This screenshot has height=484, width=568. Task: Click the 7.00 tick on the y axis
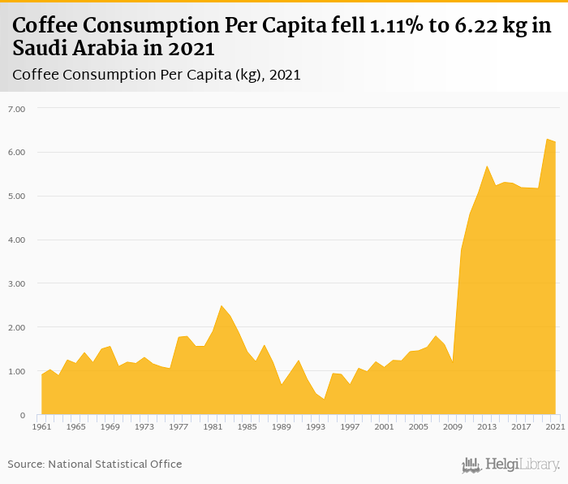click(x=16, y=109)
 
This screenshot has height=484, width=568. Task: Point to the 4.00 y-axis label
click(x=16, y=240)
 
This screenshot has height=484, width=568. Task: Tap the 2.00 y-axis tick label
click(x=16, y=328)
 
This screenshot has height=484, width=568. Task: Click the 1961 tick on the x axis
click(x=41, y=426)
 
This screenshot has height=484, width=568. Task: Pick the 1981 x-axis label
click(x=212, y=426)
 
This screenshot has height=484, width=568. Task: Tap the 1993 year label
click(x=315, y=426)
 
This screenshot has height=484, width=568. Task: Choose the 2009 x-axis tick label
click(x=452, y=426)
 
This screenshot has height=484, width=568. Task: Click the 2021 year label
click(x=555, y=426)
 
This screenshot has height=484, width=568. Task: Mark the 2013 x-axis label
click(x=486, y=426)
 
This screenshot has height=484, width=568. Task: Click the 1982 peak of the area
click(x=221, y=306)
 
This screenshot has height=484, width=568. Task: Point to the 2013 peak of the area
click(x=486, y=166)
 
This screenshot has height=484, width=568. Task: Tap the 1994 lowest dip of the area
click(x=324, y=399)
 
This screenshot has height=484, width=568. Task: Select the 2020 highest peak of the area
click(x=547, y=140)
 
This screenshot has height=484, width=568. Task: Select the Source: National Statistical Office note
click(x=95, y=464)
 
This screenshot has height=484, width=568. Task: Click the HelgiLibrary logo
click(x=511, y=465)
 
